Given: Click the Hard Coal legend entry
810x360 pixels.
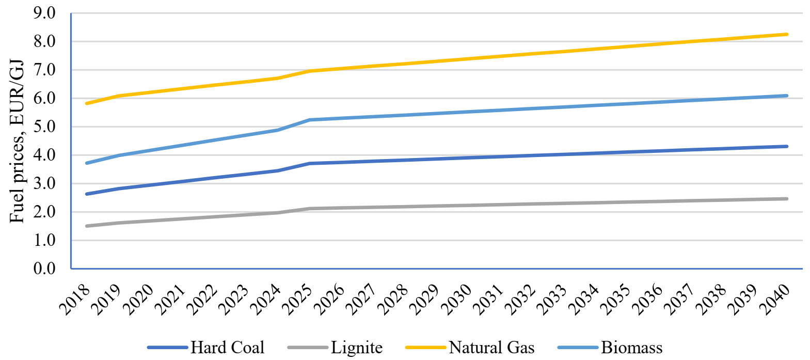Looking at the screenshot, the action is tap(206, 347).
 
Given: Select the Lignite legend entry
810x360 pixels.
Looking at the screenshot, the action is tap(335, 347).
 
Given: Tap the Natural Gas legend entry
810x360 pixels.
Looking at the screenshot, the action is tap(470, 347).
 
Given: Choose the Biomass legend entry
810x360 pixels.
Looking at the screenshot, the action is tap(610, 347).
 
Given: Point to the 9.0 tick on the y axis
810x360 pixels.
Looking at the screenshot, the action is tap(44, 13).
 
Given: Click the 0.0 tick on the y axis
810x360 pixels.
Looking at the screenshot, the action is tap(44, 269).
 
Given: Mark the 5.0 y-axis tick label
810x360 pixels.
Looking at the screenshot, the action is tap(44, 127).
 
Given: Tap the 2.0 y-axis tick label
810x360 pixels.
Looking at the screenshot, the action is tap(44, 212).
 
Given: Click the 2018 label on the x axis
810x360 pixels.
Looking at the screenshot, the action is tap(74, 300).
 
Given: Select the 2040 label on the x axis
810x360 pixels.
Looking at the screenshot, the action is tap(774, 300).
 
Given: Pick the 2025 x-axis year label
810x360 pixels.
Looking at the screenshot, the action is tap(297, 300).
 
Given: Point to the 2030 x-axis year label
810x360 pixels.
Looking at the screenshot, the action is tap(456, 300).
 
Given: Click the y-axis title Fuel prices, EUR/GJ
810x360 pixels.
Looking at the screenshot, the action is tap(17, 140).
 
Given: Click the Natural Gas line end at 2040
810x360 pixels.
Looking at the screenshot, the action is tap(787, 35).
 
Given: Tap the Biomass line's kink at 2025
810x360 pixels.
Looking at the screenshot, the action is tap(310, 120).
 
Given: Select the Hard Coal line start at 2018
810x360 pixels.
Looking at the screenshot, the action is tap(87, 194).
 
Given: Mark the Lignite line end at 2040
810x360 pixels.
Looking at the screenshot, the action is tap(787, 199).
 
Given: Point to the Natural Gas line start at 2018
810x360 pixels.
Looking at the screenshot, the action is tap(87, 103).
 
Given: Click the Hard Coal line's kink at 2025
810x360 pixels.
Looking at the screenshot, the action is tap(310, 164).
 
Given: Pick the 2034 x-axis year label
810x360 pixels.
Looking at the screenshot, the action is tap(583, 300).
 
